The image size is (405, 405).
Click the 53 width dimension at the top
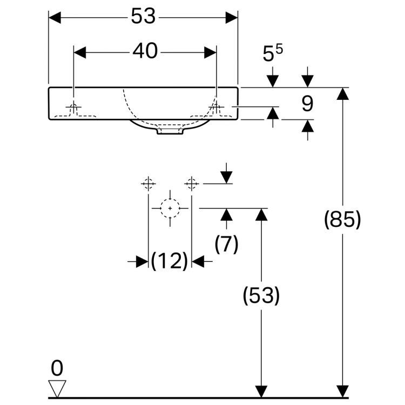pyautogui.click(x=143, y=17)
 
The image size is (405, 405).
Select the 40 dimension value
pyautogui.click(x=145, y=51)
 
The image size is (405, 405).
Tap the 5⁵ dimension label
pyautogui.click(x=273, y=54)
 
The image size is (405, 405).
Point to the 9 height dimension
pyautogui.click(x=307, y=103)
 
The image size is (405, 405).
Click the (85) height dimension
pyautogui.click(x=342, y=220)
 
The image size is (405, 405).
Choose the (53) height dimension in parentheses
pyautogui.click(x=261, y=295)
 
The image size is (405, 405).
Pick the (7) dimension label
pyautogui.click(x=226, y=244)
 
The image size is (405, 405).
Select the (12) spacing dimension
pyautogui.click(x=170, y=261)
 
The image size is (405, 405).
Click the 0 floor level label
pyautogui.click(x=57, y=368)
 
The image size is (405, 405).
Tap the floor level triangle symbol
pyautogui.click(x=57, y=388)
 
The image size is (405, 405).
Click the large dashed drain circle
pyautogui.click(x=170, y=208)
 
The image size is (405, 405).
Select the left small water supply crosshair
pyautogui.click(x=148, y=184)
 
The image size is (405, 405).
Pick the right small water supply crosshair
pyautogui.click(x=191, y=184)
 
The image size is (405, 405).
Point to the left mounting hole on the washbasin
pyautogui.click(x=74, y=108)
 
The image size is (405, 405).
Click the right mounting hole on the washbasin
pyautogui.click(x=217, y=108)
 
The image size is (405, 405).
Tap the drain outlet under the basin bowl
pyautogui.click(x=169, y=131)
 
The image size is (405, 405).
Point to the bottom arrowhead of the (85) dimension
pyautogui.click(x=342, y=392)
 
